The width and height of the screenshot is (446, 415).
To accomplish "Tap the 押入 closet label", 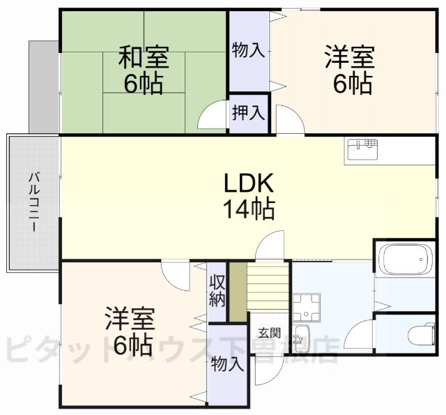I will point(248,112).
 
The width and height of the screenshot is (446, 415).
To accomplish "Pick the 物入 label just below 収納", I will point(227,363).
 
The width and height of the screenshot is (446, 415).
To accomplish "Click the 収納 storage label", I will point(217,290).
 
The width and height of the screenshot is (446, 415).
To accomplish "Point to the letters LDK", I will point(248,183).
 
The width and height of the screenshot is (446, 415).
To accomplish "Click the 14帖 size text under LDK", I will point(248,209).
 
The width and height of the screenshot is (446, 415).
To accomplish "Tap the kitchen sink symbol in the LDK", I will point(362,149).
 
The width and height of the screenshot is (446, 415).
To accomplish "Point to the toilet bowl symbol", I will point(421,335).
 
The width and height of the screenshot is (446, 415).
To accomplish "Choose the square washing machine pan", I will point(305,307).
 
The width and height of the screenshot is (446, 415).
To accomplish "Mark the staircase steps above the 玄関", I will point(269,286).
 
